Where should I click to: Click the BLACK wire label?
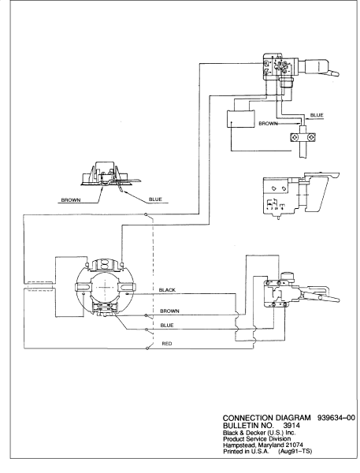click(167, 290)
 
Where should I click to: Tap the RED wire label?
click(167, 345)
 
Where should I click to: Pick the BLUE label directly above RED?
click(167, 325)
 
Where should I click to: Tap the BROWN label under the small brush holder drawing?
click(72, 200)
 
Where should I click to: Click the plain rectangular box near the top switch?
click(239, 118)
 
